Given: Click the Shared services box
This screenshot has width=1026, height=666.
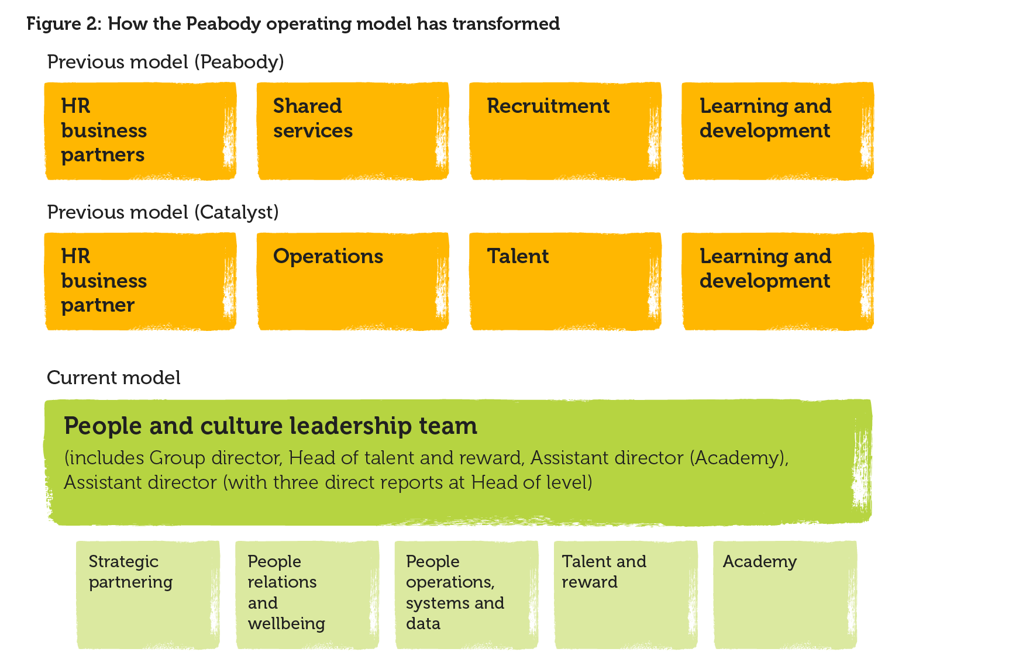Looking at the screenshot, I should pyautogui.click(x=353, y=131).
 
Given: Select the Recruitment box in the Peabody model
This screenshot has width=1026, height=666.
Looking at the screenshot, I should pyautogui.click(x=565, y=131).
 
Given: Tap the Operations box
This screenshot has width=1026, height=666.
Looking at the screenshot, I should pyautogui.click(x=353, y=281).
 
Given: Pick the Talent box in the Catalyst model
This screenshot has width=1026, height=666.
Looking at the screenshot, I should pyautogui.click(x=565, y=281).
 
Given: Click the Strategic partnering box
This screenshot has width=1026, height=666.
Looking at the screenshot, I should pyautogui.click(x=148, y=595).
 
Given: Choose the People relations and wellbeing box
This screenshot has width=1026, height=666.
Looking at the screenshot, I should pyautogui.click(x=307, y=595).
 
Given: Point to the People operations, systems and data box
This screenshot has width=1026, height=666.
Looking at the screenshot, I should pyautogui.click(x=466, y=595).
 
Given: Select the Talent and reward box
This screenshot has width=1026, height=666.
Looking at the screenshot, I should pyautogui.click(x=626, y=595).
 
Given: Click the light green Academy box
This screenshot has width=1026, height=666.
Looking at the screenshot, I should pyautogui.click(x=785, y=595).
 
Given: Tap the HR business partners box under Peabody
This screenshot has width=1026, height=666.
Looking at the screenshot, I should pyautogui.click(x=140, y=131).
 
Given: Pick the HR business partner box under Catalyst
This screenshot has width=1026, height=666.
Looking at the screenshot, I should pyautogui.click(x=140, y=281).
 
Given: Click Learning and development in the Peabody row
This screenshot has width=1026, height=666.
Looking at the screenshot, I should pyautogui.click(x=777, y=131).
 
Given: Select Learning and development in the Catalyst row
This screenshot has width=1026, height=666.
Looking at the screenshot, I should pyautogui.click(x=777, y=281).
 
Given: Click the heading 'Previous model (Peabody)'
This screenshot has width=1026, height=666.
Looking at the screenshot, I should pyautogui.click(x=166, y=62).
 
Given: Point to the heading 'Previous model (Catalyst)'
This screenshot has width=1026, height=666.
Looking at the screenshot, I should pyautogui.click(x=163, y=212).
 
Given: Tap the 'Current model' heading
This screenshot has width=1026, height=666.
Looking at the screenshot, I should pyautogui.click(x=113, y=378).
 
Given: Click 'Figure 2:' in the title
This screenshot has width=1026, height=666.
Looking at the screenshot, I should pyautogui.click(x=64, y=24).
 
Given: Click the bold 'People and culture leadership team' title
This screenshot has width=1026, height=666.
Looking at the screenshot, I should pyautogui.click(x=270, y=426).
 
